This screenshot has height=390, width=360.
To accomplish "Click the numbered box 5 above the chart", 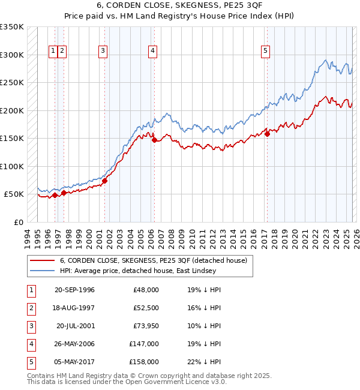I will coord(265,52).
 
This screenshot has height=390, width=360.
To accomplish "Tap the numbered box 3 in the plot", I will coord(103,52).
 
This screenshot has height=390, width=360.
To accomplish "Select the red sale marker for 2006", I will coord(154,140).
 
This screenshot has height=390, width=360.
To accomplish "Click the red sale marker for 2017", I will coord(268,134).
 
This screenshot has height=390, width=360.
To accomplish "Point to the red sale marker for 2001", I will coord(104,181).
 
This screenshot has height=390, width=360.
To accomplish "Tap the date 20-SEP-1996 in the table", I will coord(74,290).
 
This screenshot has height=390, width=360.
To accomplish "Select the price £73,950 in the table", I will coord(146,326).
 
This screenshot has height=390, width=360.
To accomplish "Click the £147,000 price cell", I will coord(146,344).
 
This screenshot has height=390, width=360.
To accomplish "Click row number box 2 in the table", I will coord(31,308).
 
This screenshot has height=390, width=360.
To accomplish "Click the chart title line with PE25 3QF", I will coord(180,8).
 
